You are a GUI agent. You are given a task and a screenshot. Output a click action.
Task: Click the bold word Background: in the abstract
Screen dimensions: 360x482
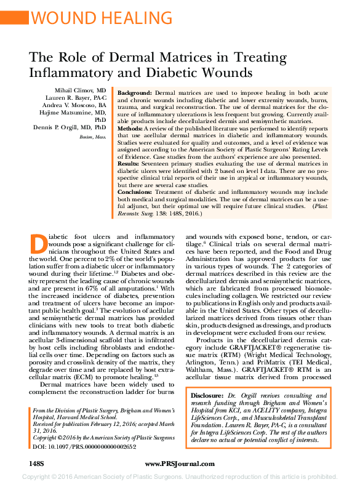click(135, 92)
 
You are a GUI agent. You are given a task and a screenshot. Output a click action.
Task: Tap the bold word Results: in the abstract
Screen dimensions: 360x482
click(130, 165)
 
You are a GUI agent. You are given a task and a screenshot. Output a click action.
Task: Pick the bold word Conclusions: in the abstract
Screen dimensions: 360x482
click(135, 192)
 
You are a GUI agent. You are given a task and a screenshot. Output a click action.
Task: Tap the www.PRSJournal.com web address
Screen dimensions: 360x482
click(179, 462)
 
